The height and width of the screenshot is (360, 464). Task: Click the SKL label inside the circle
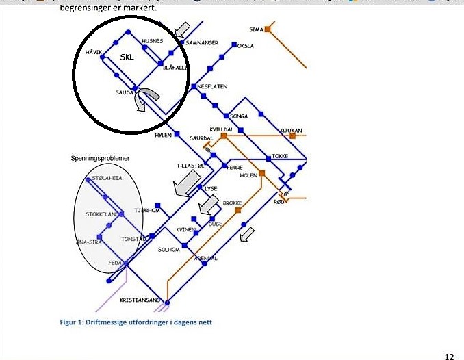[127, 57]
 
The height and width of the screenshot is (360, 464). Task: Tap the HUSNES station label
[152, 41]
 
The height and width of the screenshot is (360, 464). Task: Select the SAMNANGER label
[202, 43]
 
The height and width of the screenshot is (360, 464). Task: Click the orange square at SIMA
[268, 29]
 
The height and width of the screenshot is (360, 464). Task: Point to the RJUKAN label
[291, 130]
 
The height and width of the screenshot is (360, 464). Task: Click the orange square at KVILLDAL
[223, 136]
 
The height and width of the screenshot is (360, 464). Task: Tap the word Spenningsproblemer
[100, 159]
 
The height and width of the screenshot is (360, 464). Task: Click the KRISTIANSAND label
[140, 300]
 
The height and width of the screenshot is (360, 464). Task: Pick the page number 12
[449, 356]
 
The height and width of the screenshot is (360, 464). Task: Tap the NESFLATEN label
[212, 87]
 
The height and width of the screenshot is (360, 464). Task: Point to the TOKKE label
[279, 156]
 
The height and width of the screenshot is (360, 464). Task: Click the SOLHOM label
[168, 250]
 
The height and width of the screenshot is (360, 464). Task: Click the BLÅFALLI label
[175, 67]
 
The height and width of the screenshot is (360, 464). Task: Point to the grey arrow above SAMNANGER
[182, 29]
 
